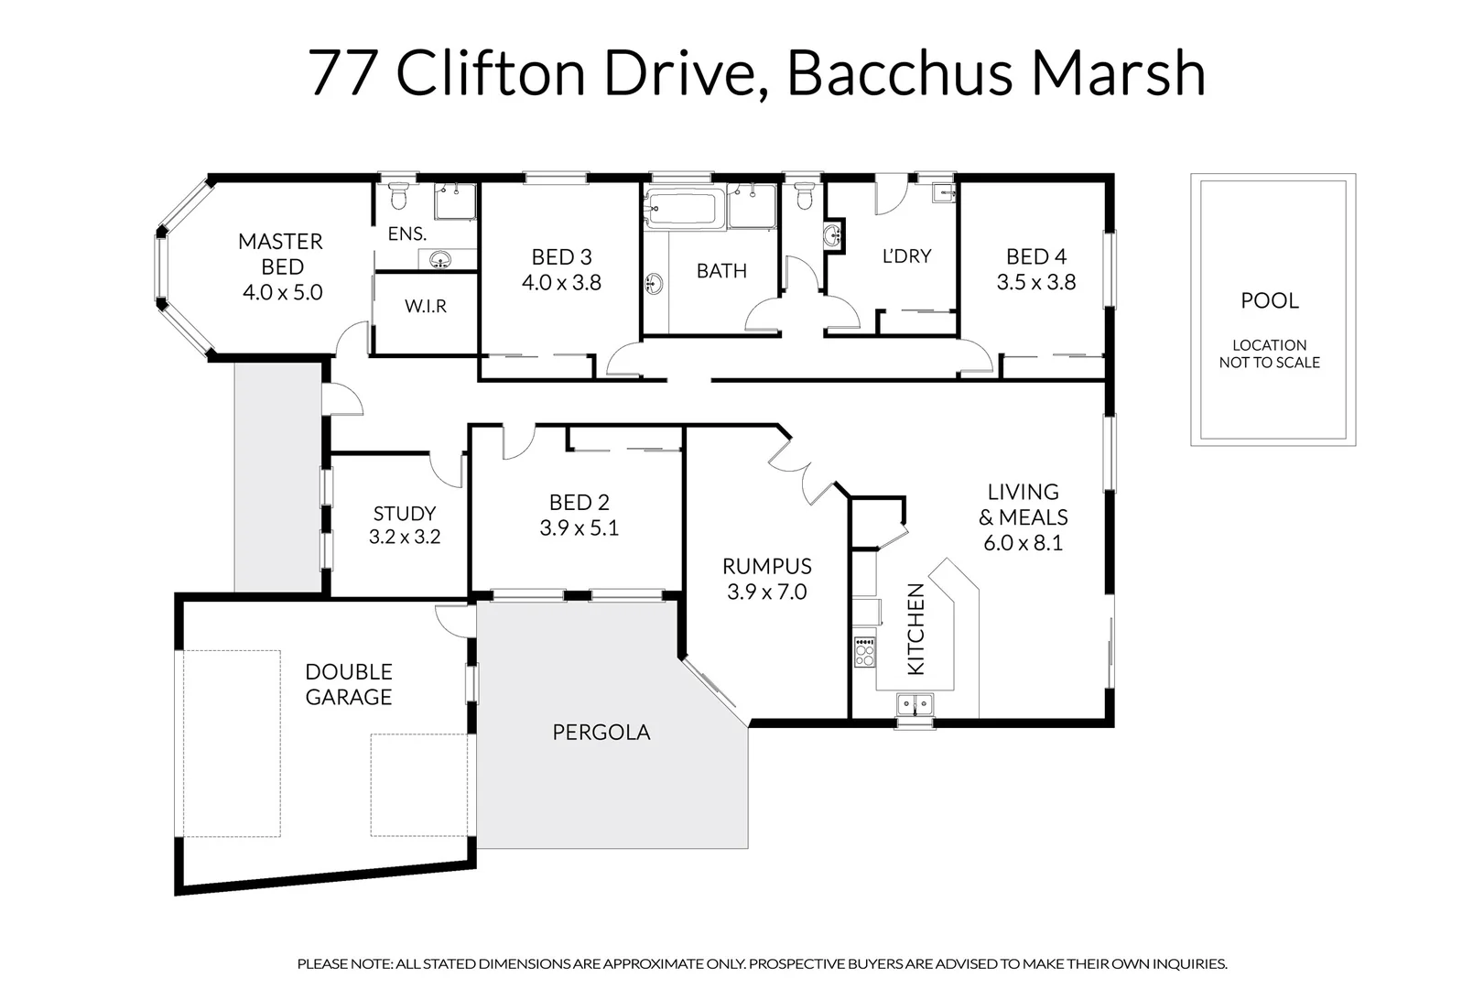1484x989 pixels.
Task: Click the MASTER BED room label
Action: [281, 254]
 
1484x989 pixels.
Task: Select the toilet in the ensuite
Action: [398, 196]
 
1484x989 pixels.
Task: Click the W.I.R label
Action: [426, 306]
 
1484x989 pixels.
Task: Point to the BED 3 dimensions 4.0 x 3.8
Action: [561, 282]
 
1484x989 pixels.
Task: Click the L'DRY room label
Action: [906, 256]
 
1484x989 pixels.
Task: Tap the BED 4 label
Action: [1035, 256]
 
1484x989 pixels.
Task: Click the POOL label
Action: [1269, 300]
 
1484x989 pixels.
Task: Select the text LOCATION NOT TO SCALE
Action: [1269, 353]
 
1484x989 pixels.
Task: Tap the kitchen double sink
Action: [915, 704]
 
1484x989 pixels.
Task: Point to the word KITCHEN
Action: [915, 629]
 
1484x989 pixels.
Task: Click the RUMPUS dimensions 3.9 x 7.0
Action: [766, 592]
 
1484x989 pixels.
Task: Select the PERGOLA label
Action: [601, 733]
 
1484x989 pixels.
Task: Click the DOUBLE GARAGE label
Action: [349, 684]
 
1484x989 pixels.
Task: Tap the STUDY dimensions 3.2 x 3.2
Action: [405, 537]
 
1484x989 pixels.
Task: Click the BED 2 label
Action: [579, 502]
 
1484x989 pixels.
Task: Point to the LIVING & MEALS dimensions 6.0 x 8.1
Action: [1023, 543]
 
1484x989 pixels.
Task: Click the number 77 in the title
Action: [342, 73]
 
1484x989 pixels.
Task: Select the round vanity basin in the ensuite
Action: [440, 260]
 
